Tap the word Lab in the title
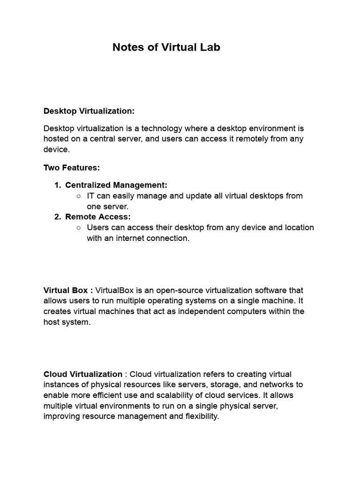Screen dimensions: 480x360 tap(210, 47)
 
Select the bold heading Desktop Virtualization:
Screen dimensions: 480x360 tap(89, 111)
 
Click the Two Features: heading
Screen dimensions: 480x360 tap(72, 167)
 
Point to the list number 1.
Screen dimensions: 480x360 tap(57, 185)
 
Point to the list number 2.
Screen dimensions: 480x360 tap(57, 217)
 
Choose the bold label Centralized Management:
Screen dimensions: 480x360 tap(116, 185)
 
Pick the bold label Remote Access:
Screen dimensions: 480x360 tap(98, 217)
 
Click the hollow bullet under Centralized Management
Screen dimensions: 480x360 tap(78, 196)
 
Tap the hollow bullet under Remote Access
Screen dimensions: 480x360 tap(78, 228)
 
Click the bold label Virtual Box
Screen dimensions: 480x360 tap(65, 291)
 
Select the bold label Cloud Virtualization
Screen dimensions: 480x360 tap(83, 374)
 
